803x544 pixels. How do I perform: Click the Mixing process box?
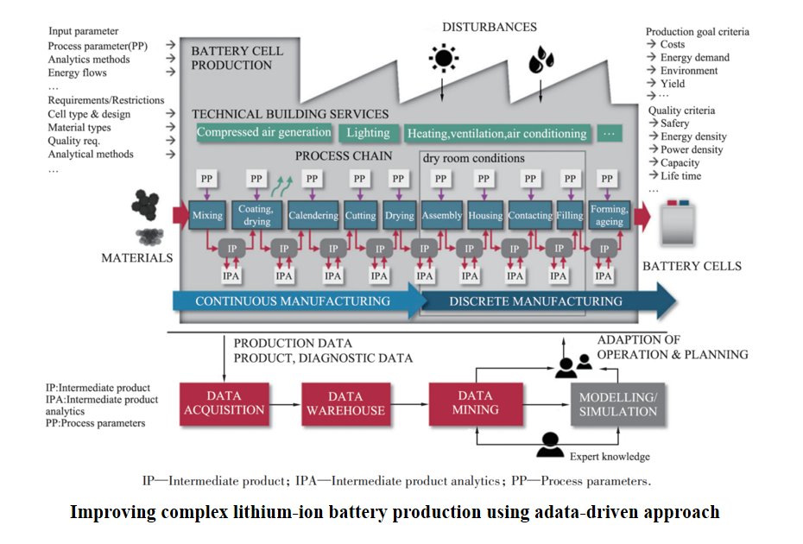(x=207, y=215)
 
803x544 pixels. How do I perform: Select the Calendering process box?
(x=313, y=215)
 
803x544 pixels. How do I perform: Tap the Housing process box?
(x=485, y=215)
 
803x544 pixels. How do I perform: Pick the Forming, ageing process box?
(x=609, y=215)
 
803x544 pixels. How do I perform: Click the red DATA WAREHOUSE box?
(x=345, y=403)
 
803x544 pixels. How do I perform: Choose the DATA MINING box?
(x=475, y=403)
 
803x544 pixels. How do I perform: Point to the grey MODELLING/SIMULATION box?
(x=617, y=404)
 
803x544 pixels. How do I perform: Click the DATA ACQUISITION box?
(x=224, y=403)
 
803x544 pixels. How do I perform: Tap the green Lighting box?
(x=368, y=133)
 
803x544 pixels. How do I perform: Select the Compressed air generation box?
(x=263, y=132)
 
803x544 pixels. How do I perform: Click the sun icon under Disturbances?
(x=443, y=58)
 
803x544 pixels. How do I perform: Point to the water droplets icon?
(x=541, y=60)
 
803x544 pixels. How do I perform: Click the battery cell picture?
(x=678, y=223)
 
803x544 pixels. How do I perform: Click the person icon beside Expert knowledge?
(x=550, y=445)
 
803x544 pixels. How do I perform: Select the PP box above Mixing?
(x=206, y=179)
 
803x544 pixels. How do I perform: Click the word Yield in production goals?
(x=673, y=84)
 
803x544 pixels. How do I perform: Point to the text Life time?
(x=680, y=175)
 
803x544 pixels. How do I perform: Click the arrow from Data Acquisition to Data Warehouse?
(x=285, y=405)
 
